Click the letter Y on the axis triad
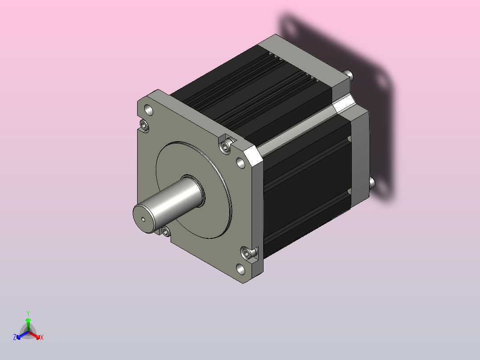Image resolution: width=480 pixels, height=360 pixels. point(28,313)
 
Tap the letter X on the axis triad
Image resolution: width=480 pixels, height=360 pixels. point(42,337)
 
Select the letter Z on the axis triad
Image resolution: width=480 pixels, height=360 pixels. point(14,337)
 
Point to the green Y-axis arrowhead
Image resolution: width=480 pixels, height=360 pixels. point(28,320)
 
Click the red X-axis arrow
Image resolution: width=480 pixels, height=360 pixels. point(34,335)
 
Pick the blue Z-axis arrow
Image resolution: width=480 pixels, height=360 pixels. point(22,335)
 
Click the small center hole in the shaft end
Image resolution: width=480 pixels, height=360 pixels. point(143,219)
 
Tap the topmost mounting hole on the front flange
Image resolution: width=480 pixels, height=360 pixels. point(148,110)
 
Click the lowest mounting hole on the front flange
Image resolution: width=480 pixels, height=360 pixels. point(240,269)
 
